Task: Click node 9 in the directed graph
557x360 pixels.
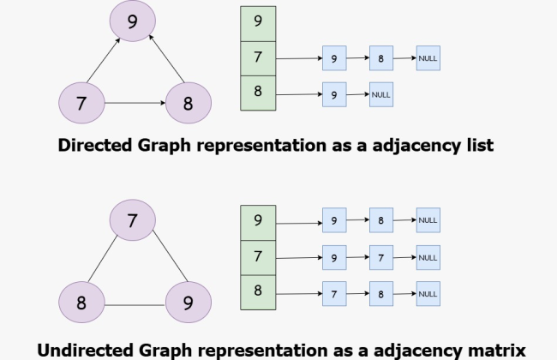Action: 131,23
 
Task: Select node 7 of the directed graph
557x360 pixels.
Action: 81,105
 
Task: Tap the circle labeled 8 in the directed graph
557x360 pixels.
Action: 188,105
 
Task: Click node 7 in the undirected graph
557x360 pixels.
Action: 131,221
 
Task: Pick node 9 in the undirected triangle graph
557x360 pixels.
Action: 188,303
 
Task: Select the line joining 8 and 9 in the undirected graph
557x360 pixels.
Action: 135,303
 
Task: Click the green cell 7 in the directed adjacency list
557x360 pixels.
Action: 258,58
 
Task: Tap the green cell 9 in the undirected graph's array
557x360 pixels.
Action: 258,221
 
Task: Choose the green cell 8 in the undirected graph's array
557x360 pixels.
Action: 258,291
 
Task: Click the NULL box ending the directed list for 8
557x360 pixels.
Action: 381,94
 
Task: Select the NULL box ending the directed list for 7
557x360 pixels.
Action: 428,58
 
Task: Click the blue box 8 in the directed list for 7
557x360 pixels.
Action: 381,58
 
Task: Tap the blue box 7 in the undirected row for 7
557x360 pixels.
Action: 381,256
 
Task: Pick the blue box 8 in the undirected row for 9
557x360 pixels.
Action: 381,221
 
